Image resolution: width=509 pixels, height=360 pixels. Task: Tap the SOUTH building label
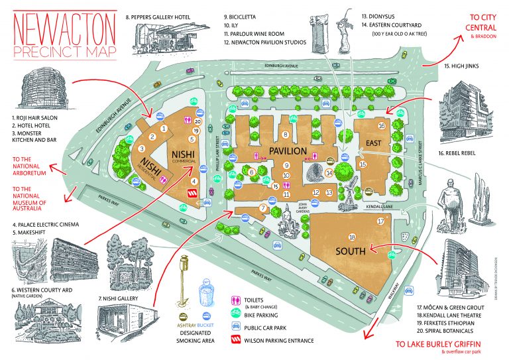[351, 251]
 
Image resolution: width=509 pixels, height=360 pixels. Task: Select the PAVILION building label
[287, 151]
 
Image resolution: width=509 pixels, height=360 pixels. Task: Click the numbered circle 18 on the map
[352, 237]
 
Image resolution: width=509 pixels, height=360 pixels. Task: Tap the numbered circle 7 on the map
[263, 208]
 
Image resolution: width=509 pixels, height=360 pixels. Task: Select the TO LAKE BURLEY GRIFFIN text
[437, 344]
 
